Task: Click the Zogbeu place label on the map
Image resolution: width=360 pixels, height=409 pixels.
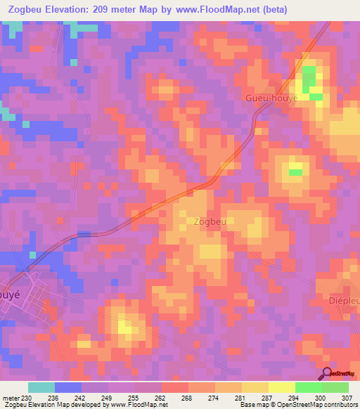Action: click(x=209, y=221)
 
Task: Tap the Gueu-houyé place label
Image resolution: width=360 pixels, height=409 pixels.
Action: click(x=271, y=97)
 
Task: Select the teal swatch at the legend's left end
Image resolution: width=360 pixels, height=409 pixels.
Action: click(x=41, y=387)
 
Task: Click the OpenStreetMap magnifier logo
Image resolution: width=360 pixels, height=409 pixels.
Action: click(x=326, y=374)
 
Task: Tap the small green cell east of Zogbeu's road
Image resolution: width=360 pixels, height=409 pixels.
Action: click(x=296, y=171)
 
